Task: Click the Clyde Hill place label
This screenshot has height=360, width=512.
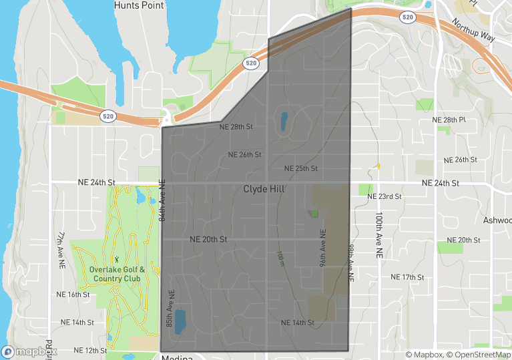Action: click(264, 190)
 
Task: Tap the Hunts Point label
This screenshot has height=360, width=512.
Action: click(139, 5)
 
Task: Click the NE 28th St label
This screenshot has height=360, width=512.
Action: click(236, 126)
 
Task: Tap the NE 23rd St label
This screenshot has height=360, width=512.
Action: click(385, 197)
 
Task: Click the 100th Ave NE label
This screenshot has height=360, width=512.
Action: click(378, 236)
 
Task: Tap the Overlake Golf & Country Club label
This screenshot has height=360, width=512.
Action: click(116, 274)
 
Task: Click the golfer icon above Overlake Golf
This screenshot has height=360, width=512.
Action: click(116, 258)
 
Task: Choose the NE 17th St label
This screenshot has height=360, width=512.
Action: click(407, 277)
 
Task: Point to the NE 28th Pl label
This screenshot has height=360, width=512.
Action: click(449, 120)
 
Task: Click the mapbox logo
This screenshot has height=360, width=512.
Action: click(29, 351)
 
